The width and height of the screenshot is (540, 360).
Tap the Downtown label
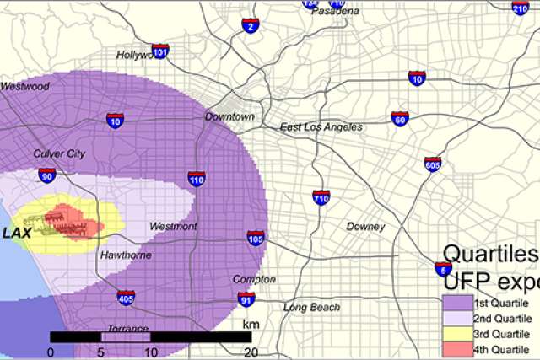[x=229, y=116]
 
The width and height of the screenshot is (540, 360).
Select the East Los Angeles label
[x=321, y=127]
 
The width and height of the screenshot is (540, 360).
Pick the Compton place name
[x=254, y=279]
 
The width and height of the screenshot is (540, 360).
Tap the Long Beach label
[x=311, y=307]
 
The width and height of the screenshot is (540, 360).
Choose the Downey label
[x=365, y=227]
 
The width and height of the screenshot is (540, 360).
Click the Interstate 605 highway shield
[x=433, y=164]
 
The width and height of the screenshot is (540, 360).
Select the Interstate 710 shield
[x=321, y=198]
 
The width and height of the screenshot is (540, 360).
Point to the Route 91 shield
[x=246, y=299]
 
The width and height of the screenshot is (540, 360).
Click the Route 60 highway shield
[x=400, y=119]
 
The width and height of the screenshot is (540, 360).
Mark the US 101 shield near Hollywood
[x=160, y=51]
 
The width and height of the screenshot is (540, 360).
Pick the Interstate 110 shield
[x=196, y=179]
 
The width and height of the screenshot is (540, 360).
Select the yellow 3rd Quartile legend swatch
[x=456, y=334]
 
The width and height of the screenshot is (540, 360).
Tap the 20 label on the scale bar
[x=250, y=351]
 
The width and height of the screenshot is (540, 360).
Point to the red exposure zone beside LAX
[x=67, y=218]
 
